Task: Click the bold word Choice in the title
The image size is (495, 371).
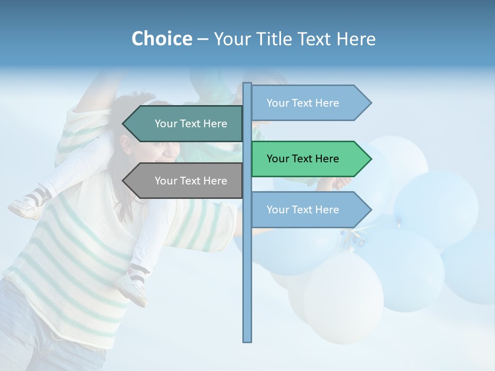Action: click(x=161, y=39)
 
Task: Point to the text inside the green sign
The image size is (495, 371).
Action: click(x=303, y=159)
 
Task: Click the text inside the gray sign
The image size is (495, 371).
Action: click(x=191, y=181)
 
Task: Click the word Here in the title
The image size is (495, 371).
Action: click(x=356, y=39)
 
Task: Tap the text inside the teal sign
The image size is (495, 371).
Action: click(x=191, y=124)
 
